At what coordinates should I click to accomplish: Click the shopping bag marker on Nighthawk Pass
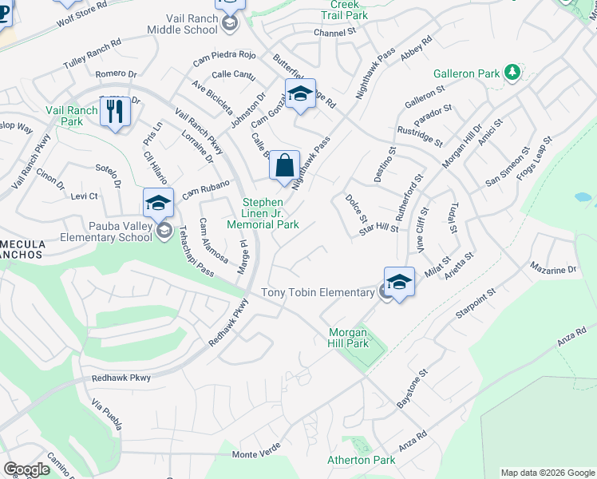284,167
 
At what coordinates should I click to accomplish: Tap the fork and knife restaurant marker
116,113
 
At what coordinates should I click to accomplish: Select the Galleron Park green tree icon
512,73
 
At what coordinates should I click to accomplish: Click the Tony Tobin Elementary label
318,293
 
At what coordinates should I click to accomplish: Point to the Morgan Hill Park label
349,338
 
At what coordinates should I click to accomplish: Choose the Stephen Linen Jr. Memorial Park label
271,213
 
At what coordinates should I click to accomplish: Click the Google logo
26,469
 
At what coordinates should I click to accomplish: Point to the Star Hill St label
378,228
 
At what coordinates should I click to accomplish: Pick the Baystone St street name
413,389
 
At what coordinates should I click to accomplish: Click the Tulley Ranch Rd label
92,53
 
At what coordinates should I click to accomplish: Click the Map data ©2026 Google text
548,473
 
